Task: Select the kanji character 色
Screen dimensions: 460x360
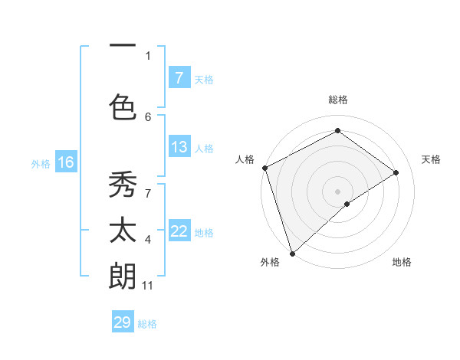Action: pyautogui.click(x=123, y=106)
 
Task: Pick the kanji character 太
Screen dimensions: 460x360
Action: pyautogui.click(x=123, y=231)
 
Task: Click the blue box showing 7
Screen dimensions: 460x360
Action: pyautogui.click(x=179, y=78)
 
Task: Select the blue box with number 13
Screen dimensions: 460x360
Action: pyautogui.click(x=179, y=147)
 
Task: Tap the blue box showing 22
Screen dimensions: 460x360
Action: pyautogui.click(x=179, y=231)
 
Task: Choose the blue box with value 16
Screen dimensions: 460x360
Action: pyautogui.click(x=65, y=162)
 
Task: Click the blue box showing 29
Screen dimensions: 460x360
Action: pyautogui.click(x=123, y=322)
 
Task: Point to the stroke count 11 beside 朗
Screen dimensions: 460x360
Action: pyautogui.click(x=147, y=286)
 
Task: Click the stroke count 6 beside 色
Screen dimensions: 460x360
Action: pyautogui.click(x=148, y=116)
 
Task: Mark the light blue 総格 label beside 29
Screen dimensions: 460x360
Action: pyautogui.click(x=147, y=324)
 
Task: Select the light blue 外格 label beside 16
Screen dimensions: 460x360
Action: pyautogui.click(x=40, y=163)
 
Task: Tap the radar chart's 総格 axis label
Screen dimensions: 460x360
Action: pyautogui.click(x=337, y=100)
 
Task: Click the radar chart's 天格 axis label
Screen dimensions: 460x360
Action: pyautogui.click(x=431, y=159)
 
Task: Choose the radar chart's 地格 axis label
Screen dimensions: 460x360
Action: pyautogui.click(x=402, y=263)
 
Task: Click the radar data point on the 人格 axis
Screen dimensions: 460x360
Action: pyautogui.click(x=264, y=168)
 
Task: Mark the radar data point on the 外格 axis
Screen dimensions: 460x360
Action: pyautogui.click(x=292, y=253)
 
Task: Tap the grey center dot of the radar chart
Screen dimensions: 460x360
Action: pyautogui.click(x=337, y=191)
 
